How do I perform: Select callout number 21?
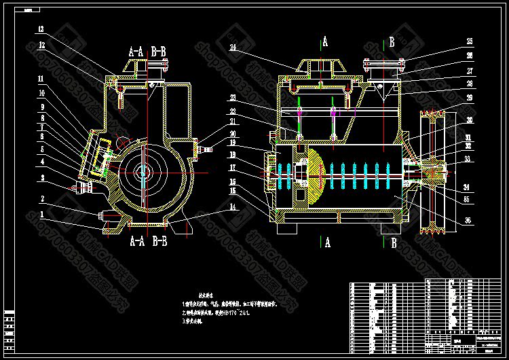point(233,122)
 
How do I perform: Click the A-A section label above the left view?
point(136,50)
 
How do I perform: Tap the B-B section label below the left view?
point(162,240)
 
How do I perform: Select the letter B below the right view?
point(392,241)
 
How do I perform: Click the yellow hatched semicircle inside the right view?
point(316,178)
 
